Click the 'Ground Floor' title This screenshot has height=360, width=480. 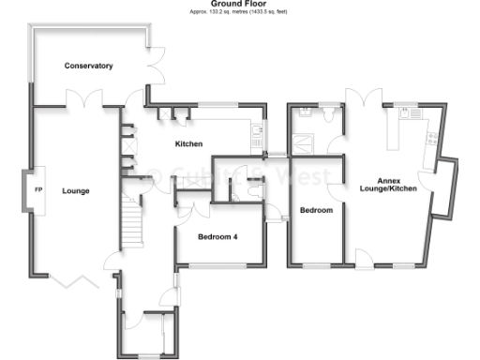pyautogui.click(x=241, y=4)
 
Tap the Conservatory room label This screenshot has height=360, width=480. pyautogui.click(x=88, y=66)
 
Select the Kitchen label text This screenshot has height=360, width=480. pyautogui.click(x=189, y=143)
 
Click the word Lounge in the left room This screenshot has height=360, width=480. pyautogui.click(x=75, y=191)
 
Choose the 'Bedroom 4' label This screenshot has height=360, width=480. pyautogui.click(x=217, y=237)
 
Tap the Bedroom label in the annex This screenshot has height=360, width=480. pyautogui.click(x=316, y=210)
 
